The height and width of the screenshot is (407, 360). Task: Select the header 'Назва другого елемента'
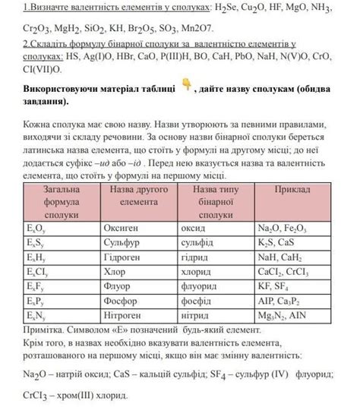138,195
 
